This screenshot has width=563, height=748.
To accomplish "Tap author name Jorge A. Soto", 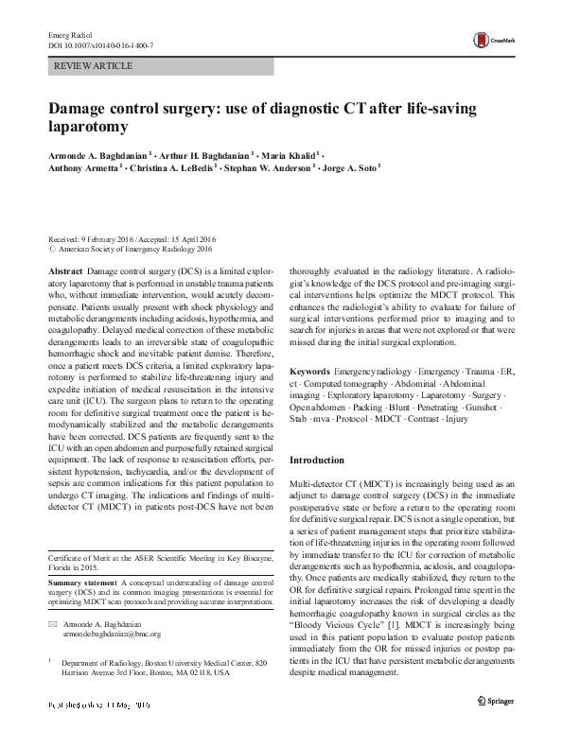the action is [348, 168].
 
